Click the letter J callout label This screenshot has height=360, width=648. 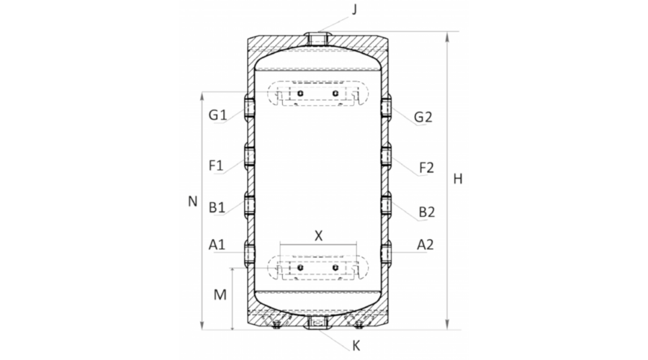pos(354,10)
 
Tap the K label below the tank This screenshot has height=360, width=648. pos(356,346)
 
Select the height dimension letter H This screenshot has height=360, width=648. pos(457,179)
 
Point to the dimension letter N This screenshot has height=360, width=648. pos(192,202)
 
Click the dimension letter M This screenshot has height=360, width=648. pos(220,294)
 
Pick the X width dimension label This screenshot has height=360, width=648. pos(318,236)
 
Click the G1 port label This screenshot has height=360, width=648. pos(217,114)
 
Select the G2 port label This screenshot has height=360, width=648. pos(423,117)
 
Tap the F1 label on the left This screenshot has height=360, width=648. pos(216,166)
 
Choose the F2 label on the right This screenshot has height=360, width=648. pos(426,168)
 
